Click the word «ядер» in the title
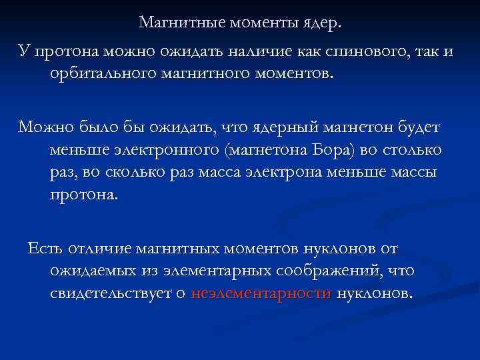[x=319, y=23]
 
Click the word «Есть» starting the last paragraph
[x=45, y=249]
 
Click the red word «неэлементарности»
[x=261, y=293]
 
